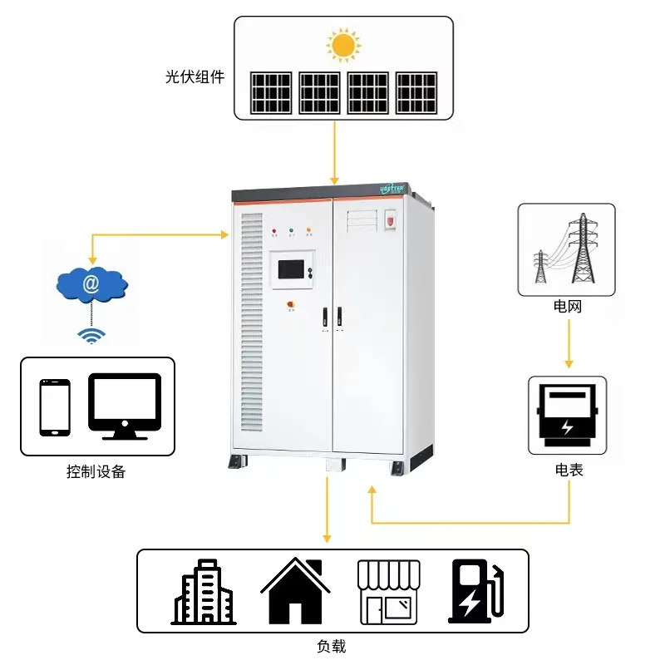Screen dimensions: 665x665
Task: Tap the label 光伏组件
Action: [x=195, y=78]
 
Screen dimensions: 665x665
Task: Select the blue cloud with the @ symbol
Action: [x=91, y=285]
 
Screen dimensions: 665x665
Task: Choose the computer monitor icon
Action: [x=125, y=406]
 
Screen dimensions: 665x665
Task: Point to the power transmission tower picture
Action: [x=568, y=249]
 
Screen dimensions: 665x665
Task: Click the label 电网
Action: [x=569, y=307]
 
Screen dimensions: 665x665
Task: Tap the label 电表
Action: [x=569, y=470]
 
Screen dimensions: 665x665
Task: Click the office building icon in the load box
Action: [x=204, y=592]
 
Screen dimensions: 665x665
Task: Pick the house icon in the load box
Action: [x=297, y=591]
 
